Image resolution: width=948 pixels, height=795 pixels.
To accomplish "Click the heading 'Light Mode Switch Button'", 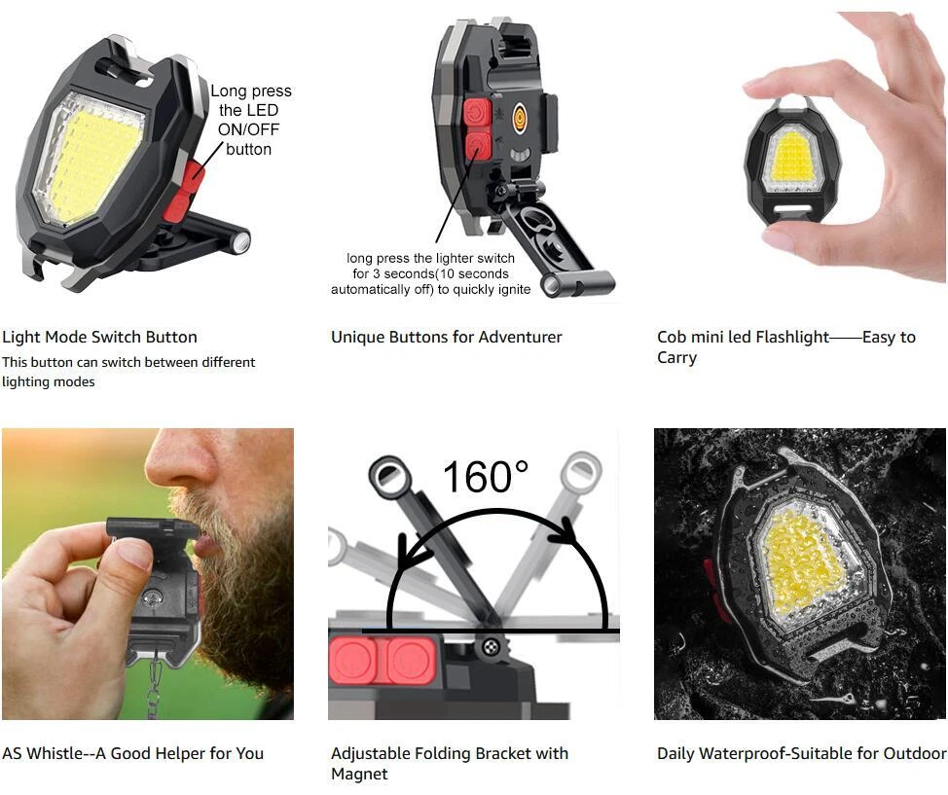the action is [x=99, y=337].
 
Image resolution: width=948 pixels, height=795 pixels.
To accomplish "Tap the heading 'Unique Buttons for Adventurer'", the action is [x=446, y=337].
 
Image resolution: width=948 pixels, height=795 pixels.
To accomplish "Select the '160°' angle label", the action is [x=486, y=477].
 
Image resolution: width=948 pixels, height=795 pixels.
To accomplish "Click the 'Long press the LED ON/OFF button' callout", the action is [x=250, y=120].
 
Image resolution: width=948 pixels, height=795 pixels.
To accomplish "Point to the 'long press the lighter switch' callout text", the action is [x=430, y=258].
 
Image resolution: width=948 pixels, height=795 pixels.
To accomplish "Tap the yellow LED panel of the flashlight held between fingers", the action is [x=791, y=159].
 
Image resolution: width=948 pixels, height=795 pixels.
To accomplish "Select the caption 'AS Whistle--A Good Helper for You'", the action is [x=133, y=753].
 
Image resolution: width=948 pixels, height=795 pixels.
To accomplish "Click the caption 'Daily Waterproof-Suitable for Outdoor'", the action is [x=802, y=753].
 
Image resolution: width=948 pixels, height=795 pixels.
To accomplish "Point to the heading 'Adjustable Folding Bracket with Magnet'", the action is [x=450, y=764].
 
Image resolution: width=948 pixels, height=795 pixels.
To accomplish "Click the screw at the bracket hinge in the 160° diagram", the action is [x=490, y=646].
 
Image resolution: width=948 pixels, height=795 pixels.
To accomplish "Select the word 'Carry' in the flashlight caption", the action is [x=677, y=357].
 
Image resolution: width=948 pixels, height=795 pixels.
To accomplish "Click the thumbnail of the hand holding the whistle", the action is [x=148, y=574].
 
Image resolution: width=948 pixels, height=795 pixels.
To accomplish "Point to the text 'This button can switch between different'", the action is [x=128, y=362].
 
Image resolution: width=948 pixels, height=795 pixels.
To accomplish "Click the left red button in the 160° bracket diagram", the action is [x=353, y=661].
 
